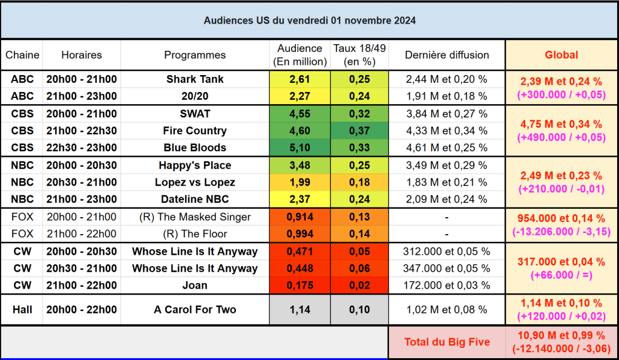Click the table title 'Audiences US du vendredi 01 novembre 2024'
pyautogui.click(x=309, y=21)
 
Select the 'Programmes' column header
pyautogui.click(x=195, y=55)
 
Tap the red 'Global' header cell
pyautogui.click(x=561, y=55)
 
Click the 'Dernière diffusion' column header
pyautogui.click(x=447, y=55)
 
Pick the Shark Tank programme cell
pyautogui.click(x=195, y=79)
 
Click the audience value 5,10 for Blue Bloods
pyautogui.click(x=300, y=148)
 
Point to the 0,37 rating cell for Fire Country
pyautogui.click(x=359, y=131)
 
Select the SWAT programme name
pyautogui.click(x=195, y=114)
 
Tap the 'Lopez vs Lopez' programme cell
pyautogui.click(x=195, y=182)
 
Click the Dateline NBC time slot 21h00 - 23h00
pyautogui.click(x=82, y=199)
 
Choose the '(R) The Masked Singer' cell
pyautogui.click(x=195, y=217)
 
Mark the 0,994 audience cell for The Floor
pyautogui.click(x=300, y=234)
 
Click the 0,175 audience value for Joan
pyautogui.click(x=300, y=286)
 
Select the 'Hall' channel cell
pyautogui.click(x=22, y=310)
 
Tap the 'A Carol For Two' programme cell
pyautogui.click(x=195, y=310)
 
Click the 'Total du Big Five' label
pyautogui.click(x=447, y=342)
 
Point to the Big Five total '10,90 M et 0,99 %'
pyautogui.click(x=561, y=336)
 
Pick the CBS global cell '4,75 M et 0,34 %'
pyautogui.click(x=561, y=124)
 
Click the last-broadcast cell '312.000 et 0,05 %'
pyautogui.click(x=447, y=252)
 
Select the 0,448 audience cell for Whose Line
pyautogui.click(x=300, y=269)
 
